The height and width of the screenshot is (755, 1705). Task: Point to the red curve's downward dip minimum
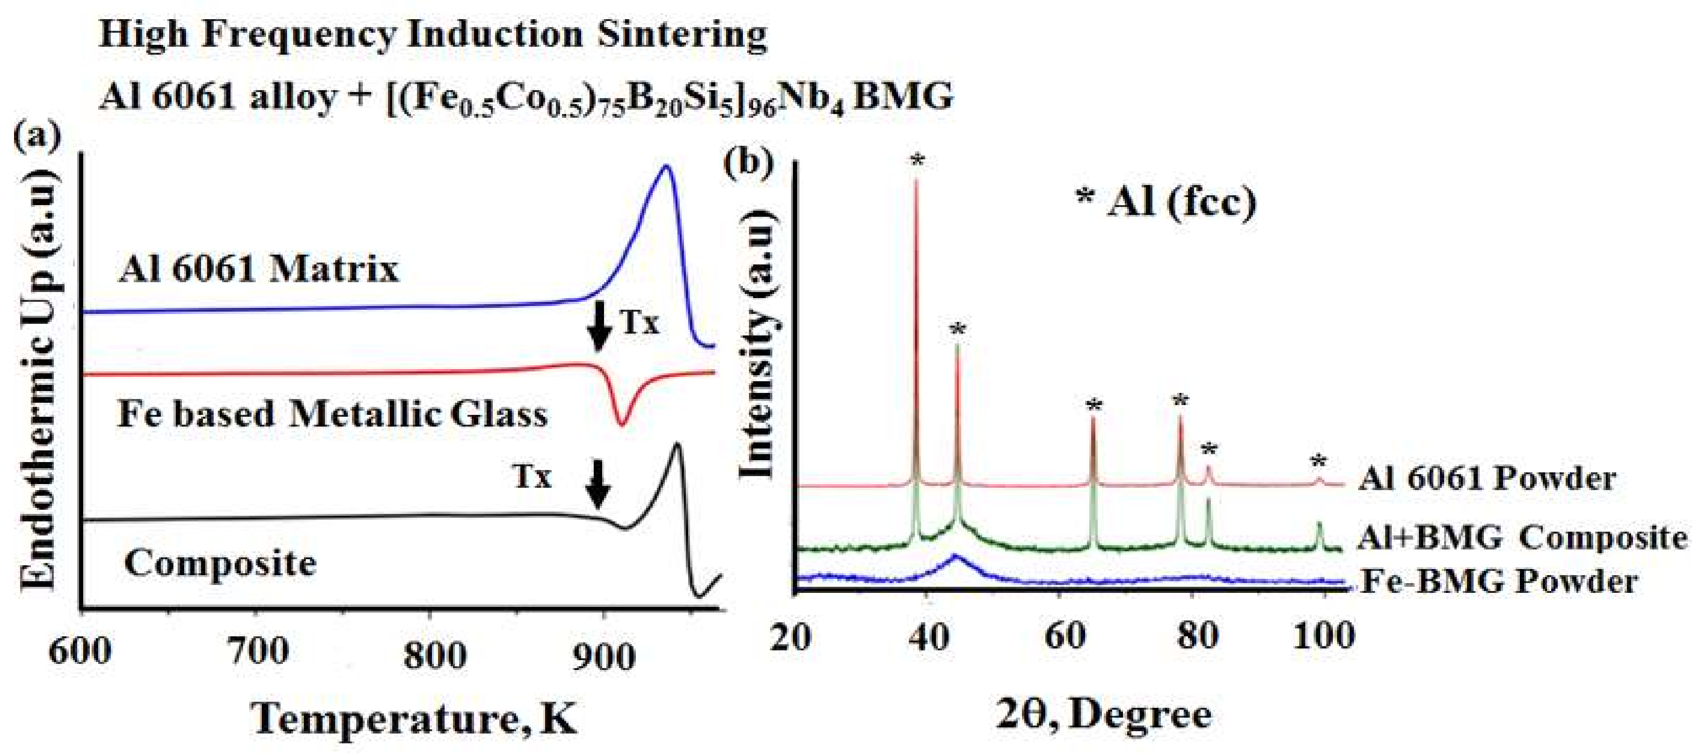pyautogui.click(x=621, y=423)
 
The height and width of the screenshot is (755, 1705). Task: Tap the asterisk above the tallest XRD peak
pyautogui.click(x=917, y=160)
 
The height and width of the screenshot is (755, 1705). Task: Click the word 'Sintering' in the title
pyautogui.click(x=683, y=35)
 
